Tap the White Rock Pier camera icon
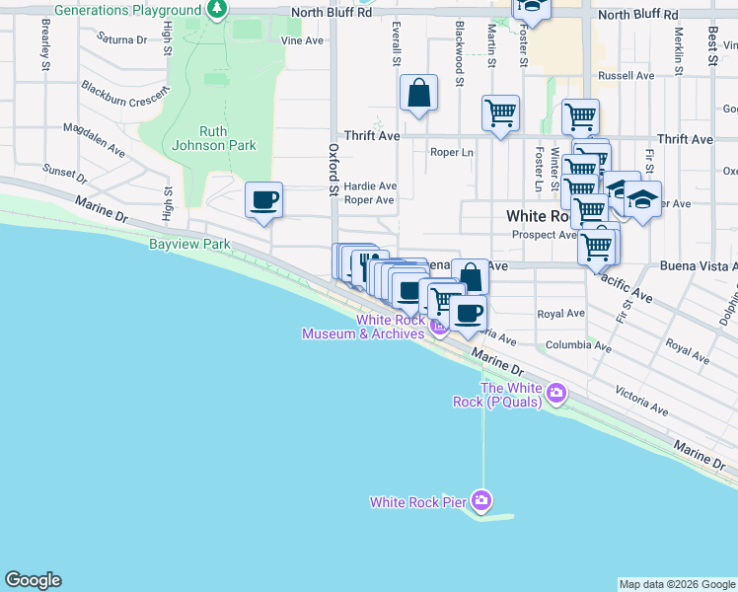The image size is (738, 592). click(x=481, y=500)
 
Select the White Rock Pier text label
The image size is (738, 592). click(x=417, y=502)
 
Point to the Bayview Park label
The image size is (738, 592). click(x=189, y=243)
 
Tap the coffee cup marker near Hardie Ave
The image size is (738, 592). click(x=263, y=200)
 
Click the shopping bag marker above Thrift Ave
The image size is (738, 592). click(x=419, y=95)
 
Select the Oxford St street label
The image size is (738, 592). click(x=333, y=168)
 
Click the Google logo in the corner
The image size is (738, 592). click(x=33, y=580)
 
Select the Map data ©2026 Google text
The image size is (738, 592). click(x=677, y=584)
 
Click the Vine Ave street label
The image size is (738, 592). click(x=302, y=41)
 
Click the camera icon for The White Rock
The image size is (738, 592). click(x=557, y=394)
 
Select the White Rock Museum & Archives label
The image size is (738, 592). click(x=363, y=327)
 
